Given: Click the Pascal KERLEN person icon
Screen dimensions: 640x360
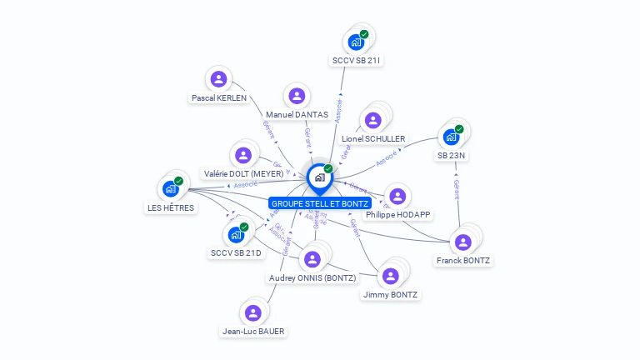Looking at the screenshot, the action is point(218,79).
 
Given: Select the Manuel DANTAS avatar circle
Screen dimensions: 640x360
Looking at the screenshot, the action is point(297,96).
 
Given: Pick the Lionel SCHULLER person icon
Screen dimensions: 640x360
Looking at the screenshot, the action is point(373,121).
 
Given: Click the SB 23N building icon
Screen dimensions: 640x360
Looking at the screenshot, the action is point(451,137).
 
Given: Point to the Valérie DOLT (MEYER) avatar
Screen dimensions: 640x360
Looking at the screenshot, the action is point(242,155).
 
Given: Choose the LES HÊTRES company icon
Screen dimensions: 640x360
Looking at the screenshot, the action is point(171,189).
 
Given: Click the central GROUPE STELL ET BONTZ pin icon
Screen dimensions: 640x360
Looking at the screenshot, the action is point(319,177).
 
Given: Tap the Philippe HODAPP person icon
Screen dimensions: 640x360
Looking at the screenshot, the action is point(397,196).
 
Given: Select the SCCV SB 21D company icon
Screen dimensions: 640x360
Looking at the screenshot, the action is point(235,234).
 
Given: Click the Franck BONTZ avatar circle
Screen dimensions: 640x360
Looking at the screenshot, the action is point(462,242).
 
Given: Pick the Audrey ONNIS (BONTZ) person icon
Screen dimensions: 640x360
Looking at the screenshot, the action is point(312,259).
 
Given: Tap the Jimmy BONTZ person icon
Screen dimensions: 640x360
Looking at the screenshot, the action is point(390,276).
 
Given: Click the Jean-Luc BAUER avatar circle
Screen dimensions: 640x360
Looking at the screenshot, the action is point(252,312).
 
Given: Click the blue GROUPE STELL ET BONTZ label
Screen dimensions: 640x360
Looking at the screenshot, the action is point(320,203).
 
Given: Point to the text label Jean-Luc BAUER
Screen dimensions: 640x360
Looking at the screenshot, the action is point(253,332).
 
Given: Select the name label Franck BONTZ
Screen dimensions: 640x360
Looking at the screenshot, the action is point(463,261).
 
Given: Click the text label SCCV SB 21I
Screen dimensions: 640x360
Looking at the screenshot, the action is point(357,61).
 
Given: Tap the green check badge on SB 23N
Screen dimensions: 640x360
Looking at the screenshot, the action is point(458,129).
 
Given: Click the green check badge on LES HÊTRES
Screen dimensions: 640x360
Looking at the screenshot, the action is point(178,181).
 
